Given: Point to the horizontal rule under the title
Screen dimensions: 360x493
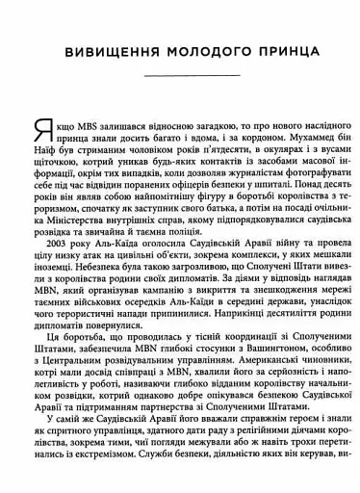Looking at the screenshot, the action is point(180,75).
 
